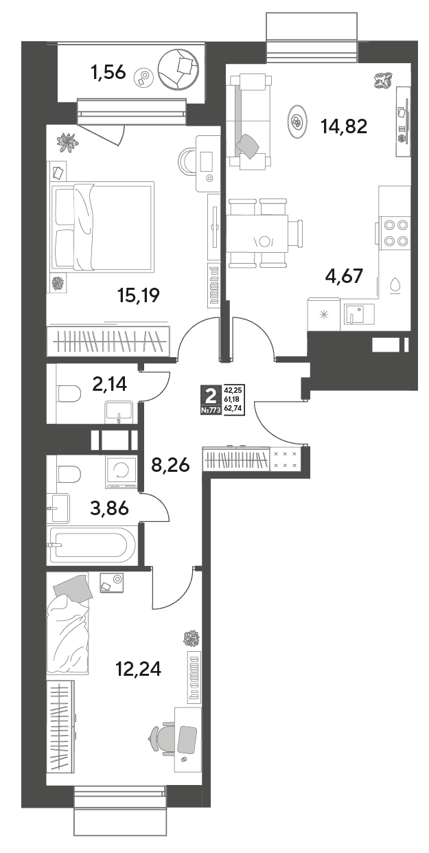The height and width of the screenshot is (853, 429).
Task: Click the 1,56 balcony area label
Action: (108, 71)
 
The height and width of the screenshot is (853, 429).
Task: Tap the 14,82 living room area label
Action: (344, 126)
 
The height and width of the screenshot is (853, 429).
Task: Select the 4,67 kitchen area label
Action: (344, 275)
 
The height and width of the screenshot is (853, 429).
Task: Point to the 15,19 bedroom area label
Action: (138, 295)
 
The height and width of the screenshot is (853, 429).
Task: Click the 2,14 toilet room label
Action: (110, 384)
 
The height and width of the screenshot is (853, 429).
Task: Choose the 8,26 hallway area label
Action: (170, 464)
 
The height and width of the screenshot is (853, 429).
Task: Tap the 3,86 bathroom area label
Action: (110, 508)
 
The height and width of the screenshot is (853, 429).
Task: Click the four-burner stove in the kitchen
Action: (395, 233)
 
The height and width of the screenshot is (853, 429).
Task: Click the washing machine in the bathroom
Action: (121, 473)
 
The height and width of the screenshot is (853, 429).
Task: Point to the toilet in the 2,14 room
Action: (69, 394)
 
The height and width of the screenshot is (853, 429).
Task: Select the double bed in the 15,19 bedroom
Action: (101, 227)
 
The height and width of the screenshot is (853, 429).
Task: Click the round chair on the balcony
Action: (178, 69)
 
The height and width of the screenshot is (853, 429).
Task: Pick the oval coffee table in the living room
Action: (297, 122)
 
